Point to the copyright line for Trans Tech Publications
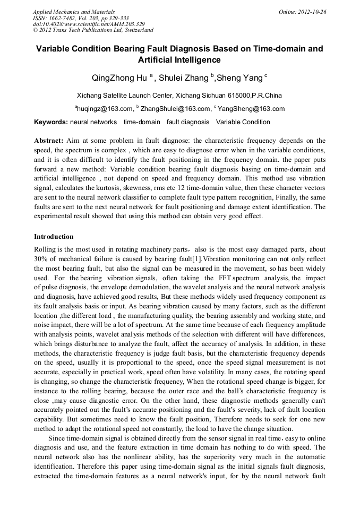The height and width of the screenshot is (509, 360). [x=93, y=30]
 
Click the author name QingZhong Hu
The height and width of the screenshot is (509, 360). [x=119, y=79]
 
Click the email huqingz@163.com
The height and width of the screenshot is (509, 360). [x=105, y=109]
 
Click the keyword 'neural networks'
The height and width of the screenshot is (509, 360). [x=93, y=122]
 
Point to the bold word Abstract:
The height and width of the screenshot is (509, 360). [x=49, y=141]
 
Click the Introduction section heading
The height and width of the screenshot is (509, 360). [x=54, y=237]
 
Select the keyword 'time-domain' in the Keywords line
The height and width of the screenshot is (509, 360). [x=142, y=122]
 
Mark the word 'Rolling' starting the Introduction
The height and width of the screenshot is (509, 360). [x=45, y=249]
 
